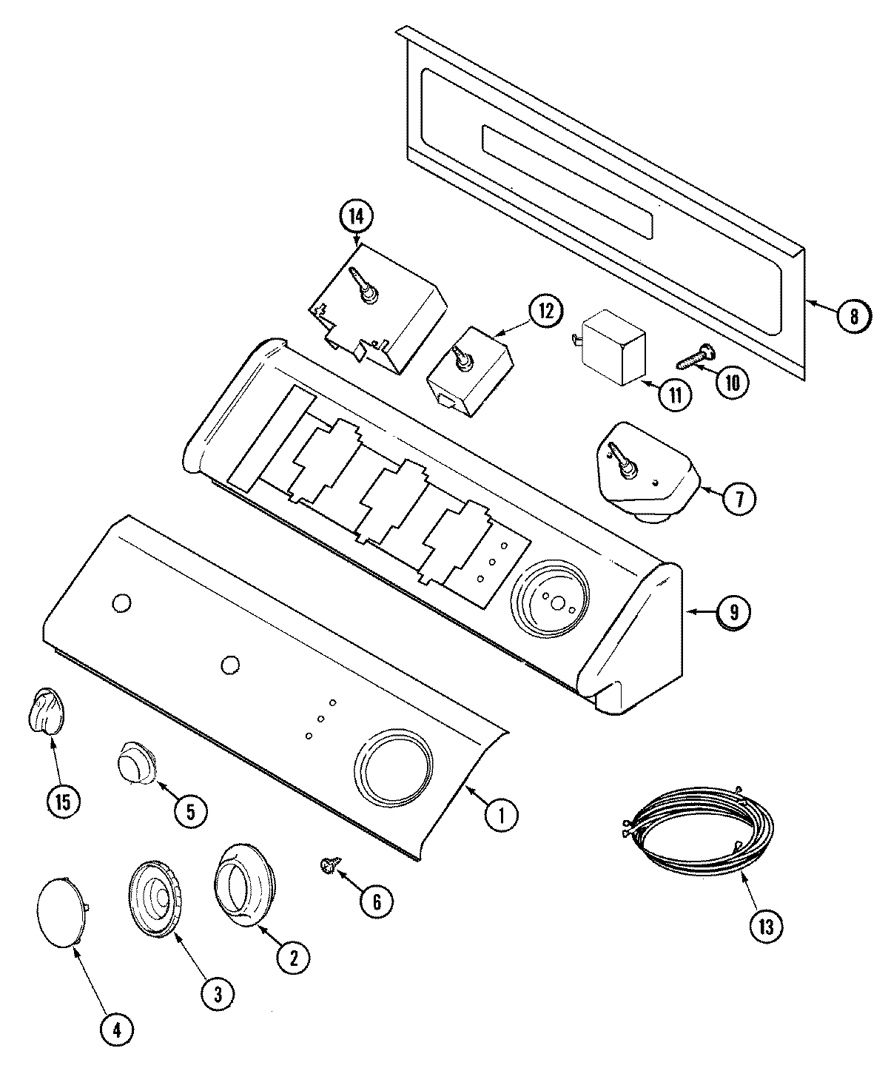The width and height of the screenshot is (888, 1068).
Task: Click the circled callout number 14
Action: tap(357, 218)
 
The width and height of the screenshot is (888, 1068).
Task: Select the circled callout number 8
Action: tap(853, 316)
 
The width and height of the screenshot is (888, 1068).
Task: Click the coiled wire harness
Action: tap(696, 829)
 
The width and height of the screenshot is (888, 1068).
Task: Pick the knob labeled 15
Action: tap(47, 711)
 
